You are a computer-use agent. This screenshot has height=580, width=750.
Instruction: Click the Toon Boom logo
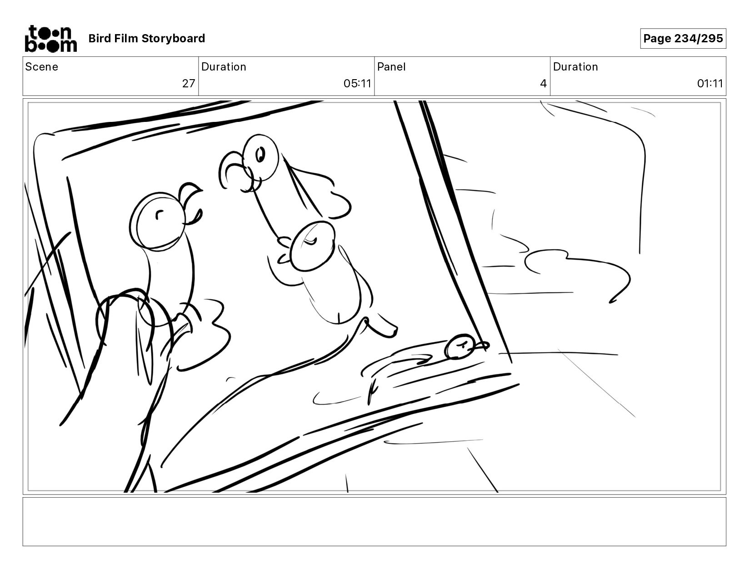click(51, 38)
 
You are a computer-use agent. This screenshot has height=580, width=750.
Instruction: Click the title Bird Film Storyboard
click(147, 38)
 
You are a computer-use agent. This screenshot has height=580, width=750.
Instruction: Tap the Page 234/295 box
click(683, 38)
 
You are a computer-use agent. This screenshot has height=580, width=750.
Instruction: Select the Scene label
click(42, 67)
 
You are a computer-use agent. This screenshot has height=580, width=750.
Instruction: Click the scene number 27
click(189, 84)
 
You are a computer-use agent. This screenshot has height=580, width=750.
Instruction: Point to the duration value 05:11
click(357, 84)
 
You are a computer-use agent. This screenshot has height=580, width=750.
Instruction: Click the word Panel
click(391, 67)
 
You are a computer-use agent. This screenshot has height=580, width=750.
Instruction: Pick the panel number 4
click(543, 84)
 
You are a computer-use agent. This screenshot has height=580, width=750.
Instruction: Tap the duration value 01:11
click(710, 84)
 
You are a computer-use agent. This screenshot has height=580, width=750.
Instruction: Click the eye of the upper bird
click(260, 154)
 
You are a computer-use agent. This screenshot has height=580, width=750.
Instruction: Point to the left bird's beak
click(191, 203)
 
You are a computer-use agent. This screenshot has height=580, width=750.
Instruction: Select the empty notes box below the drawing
click(375, 522)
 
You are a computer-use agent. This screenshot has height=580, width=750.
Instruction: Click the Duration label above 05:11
click(224, 67)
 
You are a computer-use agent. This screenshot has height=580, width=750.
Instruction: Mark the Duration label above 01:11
click(575, 67)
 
